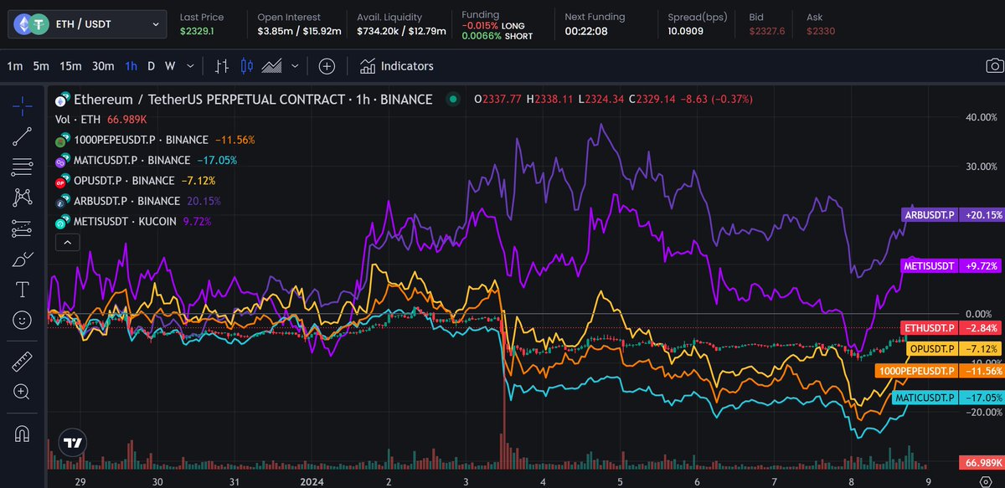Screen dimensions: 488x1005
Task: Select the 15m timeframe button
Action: coord(70,66)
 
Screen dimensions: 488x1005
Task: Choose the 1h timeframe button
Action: coord(131,66)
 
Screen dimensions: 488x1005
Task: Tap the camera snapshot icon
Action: coord(993,66)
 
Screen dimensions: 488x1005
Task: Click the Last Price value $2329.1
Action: coord(197,31)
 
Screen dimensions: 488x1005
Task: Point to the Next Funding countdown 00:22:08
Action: coord(585,31)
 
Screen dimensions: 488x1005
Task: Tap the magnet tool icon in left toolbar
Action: coord(23,434)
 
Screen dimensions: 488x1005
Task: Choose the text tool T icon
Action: coord(23,290)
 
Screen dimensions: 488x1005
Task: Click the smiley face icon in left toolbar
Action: coord(23,320)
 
